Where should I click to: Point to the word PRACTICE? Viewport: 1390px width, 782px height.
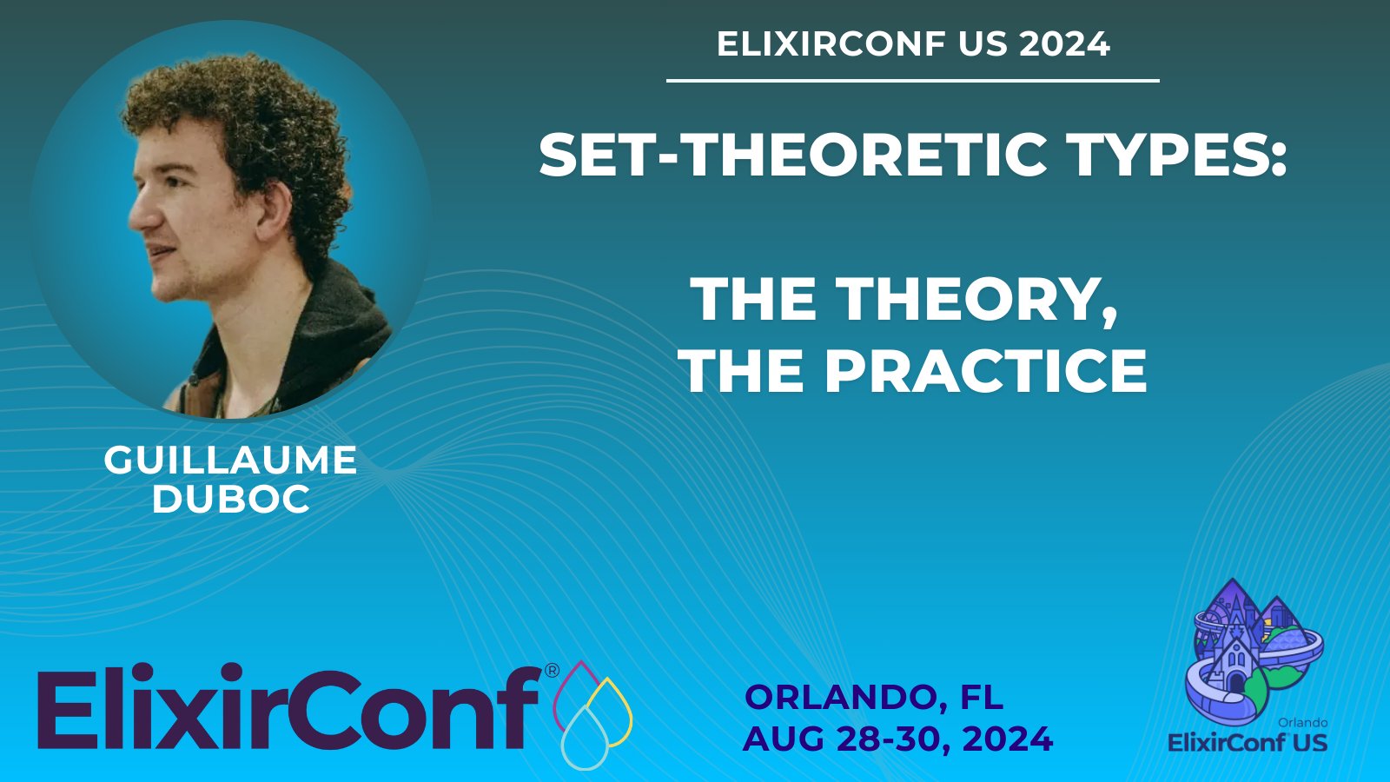pyautogui.click(x=985, y=370)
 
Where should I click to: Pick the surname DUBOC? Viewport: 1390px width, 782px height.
pyautogui.click(x=231, y=499)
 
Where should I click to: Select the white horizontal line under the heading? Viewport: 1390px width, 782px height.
pyautogui.click(x=913, y=81)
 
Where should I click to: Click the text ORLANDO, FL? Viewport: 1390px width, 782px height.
pyautogui.click(x=874, y=697)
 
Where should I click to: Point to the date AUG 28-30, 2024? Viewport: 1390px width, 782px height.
pyautogui.click(x=898, y=739)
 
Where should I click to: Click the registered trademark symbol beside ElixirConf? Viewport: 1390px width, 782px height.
pyautogui.click(x=552, y=670)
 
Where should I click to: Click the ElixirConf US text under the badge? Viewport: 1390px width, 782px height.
pyautogui.click(x=1248, y=742)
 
